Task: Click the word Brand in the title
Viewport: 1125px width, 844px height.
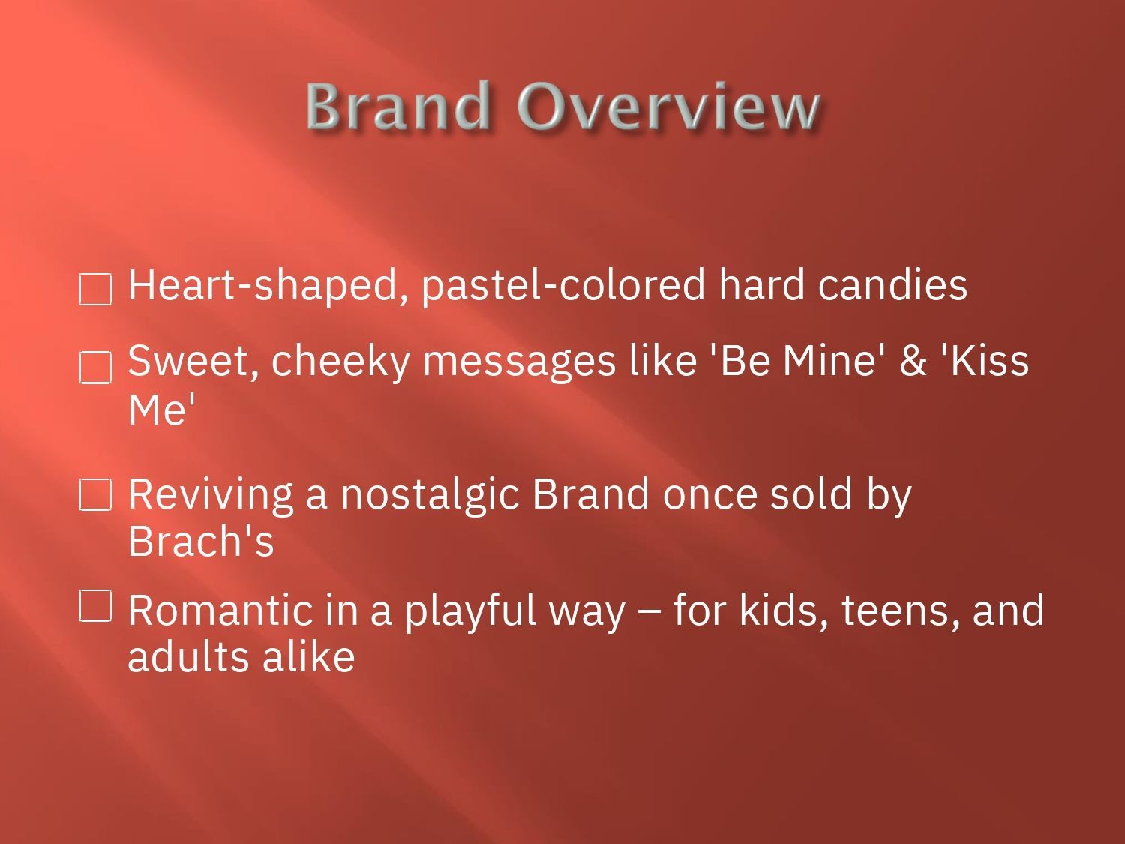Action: point(398,105)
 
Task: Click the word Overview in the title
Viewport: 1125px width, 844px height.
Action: point(668,105)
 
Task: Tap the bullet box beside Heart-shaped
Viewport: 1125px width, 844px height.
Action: point(96,289)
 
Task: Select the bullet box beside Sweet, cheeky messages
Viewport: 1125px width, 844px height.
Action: point(96,368)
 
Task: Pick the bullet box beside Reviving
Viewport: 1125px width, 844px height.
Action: point(96,495)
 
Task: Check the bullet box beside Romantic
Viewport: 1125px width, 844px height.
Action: point(96,605)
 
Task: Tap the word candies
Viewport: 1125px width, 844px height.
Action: point(894,285)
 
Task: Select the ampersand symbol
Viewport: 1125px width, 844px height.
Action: point(913,361)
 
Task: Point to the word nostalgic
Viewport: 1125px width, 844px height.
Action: point(430,496)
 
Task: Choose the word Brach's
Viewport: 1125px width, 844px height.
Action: point(201,541)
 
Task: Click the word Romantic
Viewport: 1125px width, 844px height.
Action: point(220,610)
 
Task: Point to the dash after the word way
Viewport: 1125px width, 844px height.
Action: point(648,612)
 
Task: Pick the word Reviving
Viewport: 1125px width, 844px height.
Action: point(211,496)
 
